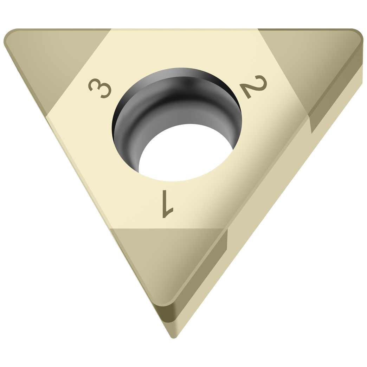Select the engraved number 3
click(x=99, y=88)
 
